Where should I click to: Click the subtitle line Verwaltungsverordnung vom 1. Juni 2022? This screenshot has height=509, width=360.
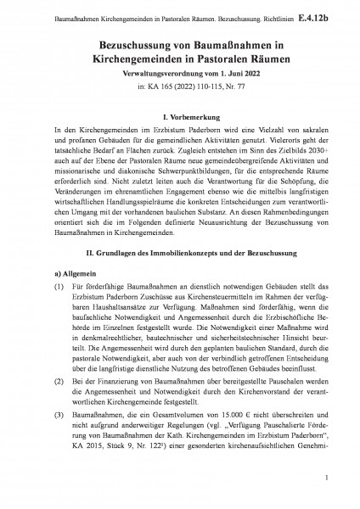pos(179,75)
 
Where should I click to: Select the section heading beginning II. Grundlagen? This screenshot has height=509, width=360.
pos(179,254)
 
